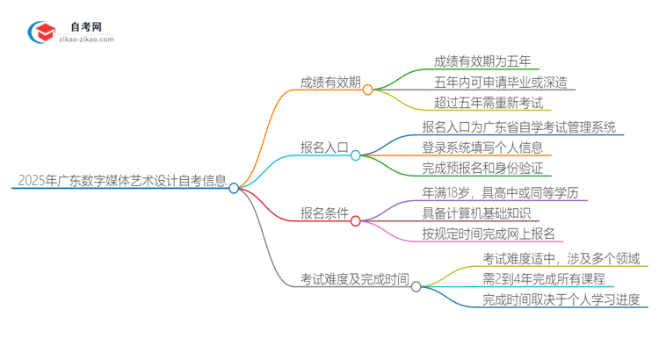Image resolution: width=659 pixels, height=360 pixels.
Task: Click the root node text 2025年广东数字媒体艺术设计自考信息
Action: click(120, 182)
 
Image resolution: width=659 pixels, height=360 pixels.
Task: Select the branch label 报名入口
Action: click(323, 149)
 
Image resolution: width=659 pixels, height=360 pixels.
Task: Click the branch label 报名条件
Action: click(323, 213)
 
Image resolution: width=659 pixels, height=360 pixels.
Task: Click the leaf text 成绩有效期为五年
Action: click(482, 61)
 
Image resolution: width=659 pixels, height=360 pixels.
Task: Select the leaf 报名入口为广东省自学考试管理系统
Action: click(518, 126)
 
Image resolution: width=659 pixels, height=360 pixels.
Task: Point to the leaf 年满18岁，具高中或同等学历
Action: click(500, 191)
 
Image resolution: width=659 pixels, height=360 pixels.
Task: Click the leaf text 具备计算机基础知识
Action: click(476, 212)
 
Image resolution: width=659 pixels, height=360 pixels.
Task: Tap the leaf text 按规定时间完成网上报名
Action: click(489, 234)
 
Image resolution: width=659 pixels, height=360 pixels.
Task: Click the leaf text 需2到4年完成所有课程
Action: click(543, 278)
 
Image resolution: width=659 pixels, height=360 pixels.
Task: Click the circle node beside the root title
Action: click(234, 187)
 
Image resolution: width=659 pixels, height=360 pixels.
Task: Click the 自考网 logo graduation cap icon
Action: click(42, 32)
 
